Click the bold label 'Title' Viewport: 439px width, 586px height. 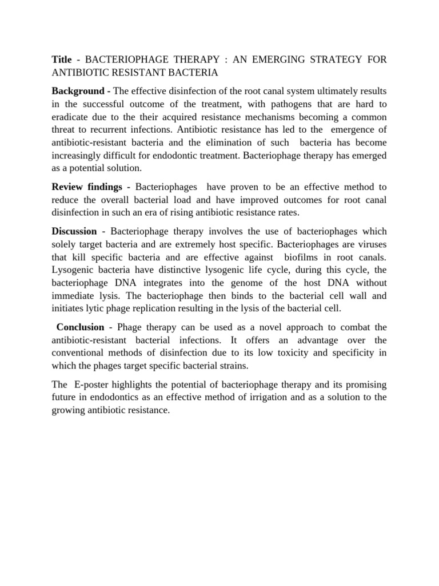pos(62,60)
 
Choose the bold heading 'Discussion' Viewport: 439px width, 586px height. pos(74,231)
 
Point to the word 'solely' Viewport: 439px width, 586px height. pos(65,244)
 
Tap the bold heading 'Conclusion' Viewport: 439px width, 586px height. pos(80,327)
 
